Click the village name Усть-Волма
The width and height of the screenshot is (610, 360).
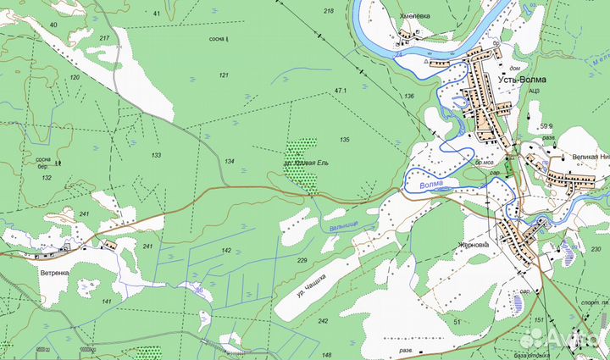(x=522, y=80)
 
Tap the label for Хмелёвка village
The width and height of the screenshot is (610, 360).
(x=408, y=14)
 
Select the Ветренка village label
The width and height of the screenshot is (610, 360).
(x=53, y=273)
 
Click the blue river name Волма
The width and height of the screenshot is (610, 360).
(x=430, y=183)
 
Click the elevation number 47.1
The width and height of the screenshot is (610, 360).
(x=341, y=90)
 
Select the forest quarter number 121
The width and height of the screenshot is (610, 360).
(x=224, y=75)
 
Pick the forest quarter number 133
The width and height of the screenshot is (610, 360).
(x=156, y=155)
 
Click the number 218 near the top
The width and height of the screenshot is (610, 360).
(x=329, y=10)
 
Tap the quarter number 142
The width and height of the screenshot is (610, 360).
(x=226, y=251)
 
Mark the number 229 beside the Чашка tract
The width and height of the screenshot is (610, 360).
(x=302, y=261)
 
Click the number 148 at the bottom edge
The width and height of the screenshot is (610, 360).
(x=327, y=355)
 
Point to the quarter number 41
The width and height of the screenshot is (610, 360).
(x=156, y=14)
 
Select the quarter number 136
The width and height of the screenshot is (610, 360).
(x=409, y=96)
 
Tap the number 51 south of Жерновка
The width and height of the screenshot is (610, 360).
(x=457, y=322)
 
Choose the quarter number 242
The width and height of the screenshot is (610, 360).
(x=323, y=321)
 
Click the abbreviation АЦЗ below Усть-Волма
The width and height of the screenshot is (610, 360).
(x=534, y=91)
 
